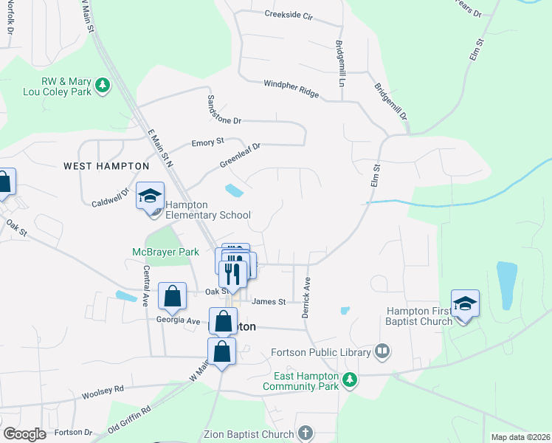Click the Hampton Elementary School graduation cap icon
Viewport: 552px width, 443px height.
point(151,196)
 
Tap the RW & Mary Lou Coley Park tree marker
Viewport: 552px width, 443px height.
point(104,86)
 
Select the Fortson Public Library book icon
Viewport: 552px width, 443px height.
point(382,351)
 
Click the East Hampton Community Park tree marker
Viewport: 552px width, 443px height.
point(350,380)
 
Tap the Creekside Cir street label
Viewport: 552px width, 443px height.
point(292,14)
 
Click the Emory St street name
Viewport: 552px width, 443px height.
point(207,142)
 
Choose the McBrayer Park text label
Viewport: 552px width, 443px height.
point(166,252)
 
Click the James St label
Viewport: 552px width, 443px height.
point(268,301)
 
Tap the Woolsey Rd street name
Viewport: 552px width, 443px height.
point(103,388)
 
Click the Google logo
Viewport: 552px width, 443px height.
point(25,434)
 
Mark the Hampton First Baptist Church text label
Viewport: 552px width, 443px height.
point(418,316)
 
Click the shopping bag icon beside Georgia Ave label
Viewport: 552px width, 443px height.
point(172,297)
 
